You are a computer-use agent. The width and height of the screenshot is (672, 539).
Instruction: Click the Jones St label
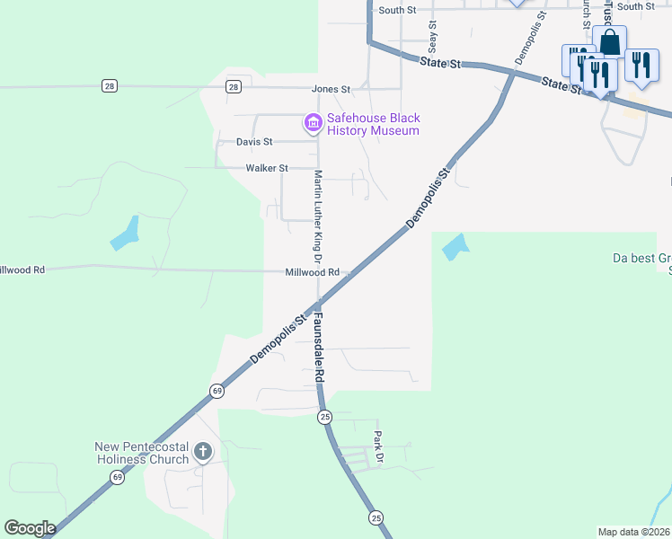[331, 89]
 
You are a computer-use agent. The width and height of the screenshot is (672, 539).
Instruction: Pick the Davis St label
[254, 142]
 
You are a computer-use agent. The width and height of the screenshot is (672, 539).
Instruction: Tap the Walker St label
[267, 168]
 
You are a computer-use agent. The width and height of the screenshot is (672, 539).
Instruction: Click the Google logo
[30, 528]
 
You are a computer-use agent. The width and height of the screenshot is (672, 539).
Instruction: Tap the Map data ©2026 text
[632, 532]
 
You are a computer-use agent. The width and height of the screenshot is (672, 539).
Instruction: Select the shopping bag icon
[610, 42]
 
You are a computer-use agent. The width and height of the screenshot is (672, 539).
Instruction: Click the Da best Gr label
[641, 258]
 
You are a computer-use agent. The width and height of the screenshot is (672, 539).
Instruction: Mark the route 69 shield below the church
[118, 478]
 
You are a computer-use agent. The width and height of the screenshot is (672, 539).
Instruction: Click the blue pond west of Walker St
[126, 234]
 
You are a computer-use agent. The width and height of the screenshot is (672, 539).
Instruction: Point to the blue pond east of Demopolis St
[455, 246]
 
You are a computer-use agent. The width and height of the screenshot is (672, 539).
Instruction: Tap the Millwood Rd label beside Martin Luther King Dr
[313, 272]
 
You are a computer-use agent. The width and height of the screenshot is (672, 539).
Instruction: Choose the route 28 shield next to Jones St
[234, 86]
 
